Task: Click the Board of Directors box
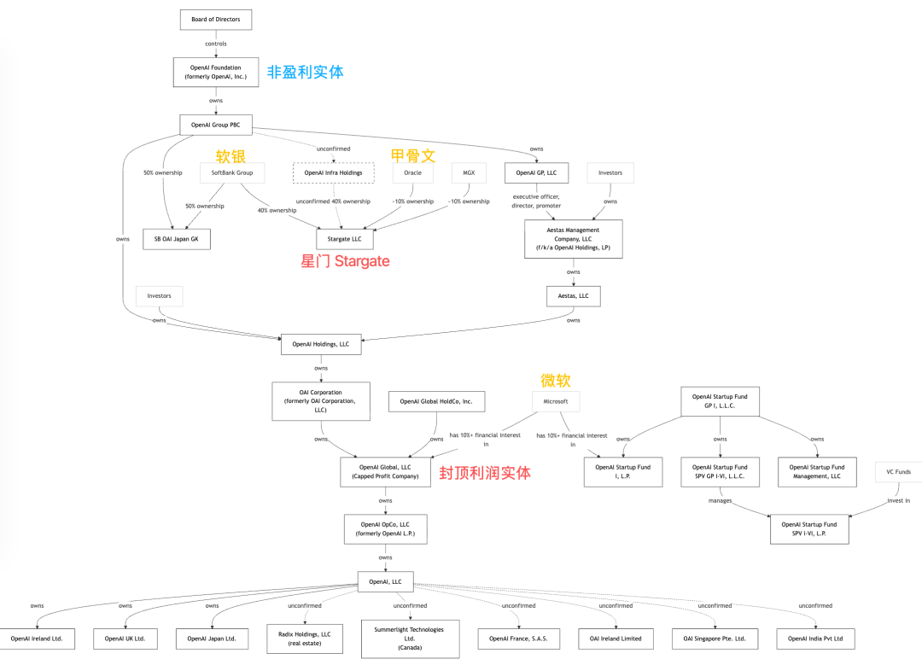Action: [216, 20]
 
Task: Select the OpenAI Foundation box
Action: [216, 73]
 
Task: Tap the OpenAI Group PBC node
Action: [216, 125]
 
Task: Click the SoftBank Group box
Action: [232, 172]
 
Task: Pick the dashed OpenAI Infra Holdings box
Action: [333, 172]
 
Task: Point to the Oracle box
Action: [413, 172]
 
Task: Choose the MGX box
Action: [469, 172]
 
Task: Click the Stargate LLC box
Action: [345, 239]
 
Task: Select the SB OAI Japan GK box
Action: [176, 239]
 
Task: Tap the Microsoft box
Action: [550, 400]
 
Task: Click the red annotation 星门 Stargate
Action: [345, 261]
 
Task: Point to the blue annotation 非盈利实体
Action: [306, 73]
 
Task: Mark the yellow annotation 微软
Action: [555, 381]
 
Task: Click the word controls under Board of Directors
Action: [216, 44]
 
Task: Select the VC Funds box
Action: [898, 471]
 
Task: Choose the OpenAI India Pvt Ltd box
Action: [815, 639]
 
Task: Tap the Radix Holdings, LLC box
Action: [304, 639]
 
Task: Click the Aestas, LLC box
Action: [573, 296]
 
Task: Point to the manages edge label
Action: [720, 501]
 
